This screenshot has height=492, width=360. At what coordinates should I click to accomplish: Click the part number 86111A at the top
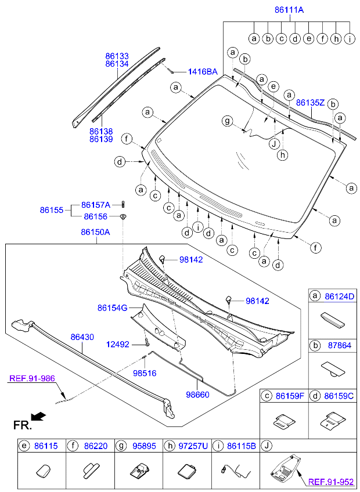coord(289,10)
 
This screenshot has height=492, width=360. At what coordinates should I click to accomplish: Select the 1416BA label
coord(202,72)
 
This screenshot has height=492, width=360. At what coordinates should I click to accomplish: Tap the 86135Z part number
coord(309,103)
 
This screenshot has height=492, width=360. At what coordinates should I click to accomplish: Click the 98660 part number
coord(197,394)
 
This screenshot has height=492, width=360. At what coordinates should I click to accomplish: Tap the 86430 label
coord(83,337)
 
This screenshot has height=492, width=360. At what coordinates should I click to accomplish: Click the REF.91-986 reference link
coord(32,378)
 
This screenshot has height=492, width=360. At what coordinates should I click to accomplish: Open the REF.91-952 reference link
coord(332,481)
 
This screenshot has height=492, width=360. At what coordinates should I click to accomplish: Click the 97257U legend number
coord(194,446)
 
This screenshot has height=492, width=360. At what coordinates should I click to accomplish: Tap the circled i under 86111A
coord(350,39)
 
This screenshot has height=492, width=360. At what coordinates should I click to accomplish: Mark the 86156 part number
coord(95,216)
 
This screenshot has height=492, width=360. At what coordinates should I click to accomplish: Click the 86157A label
coord(95,204)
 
